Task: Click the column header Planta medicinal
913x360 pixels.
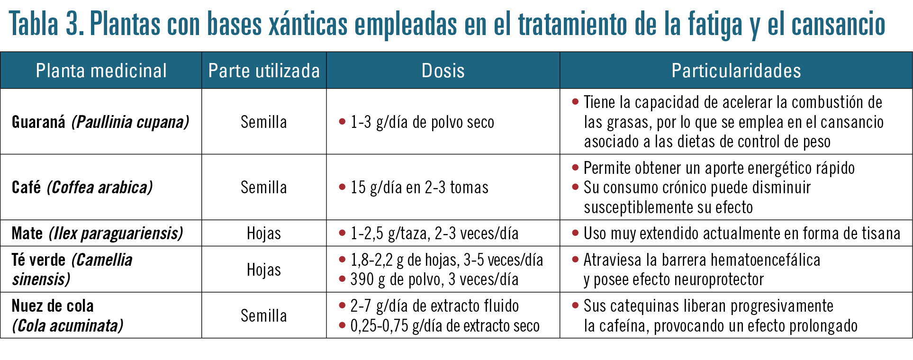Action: (101, 71)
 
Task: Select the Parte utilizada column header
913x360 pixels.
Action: (264, 71)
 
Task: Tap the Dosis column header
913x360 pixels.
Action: (443, 71)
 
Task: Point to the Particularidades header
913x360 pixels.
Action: (736, 71)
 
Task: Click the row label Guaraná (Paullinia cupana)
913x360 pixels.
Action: (100, 122)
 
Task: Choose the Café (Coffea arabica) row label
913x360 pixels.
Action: (82, 187)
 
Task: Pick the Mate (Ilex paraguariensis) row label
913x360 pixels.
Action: (97, 233)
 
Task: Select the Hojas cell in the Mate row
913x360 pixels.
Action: (264, 233)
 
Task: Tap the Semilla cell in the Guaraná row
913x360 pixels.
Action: (264, 122)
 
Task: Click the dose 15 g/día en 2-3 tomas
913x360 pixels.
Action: (419, 187)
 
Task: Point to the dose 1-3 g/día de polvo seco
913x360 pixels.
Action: (422, 122)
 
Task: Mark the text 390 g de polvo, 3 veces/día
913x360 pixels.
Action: (434, 279)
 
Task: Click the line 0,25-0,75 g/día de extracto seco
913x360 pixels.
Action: (444, 326)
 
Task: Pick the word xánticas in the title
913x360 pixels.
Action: (308, 24)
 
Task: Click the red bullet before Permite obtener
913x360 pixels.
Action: (575, 167)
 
